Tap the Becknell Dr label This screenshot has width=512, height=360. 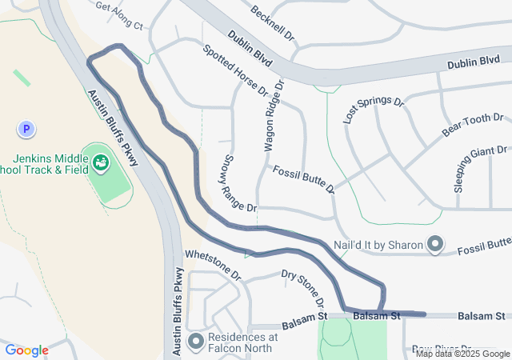click(x=273, y=25)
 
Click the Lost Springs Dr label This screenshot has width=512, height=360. click(x=374, y=109)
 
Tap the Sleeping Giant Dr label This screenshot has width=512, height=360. click(x=481, y=169)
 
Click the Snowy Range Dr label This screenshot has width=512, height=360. click(x=239, y=183)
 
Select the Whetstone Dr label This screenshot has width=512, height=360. click(x=213, y=262)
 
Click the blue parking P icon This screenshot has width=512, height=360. click(x=26, y=128)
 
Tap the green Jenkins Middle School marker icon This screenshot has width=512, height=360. click(x=101, y=162)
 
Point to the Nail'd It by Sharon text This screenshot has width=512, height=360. click(x=378, y=244)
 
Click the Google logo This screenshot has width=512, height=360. click(x=26, y=350)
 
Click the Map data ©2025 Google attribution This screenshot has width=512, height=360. click(x=462, y=354)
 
